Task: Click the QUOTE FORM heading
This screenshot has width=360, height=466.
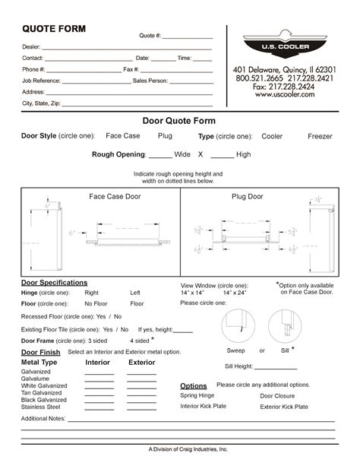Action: pyautogui.click(x=53, y=29)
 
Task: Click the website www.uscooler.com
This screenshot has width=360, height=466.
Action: pyautogui.click(x=285, y=94)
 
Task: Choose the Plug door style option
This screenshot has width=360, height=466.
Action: pyautogui.click(x=165, y=136)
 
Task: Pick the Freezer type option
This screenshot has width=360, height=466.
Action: pyautogui.click(x=320, y=137)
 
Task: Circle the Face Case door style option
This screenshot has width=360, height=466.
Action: pyautogui.click(x=123, y=136)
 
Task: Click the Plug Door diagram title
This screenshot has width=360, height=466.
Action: pyautogui.click(x=247, y=196)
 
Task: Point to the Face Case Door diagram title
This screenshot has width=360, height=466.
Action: pyautogui.click(x=115, y=196)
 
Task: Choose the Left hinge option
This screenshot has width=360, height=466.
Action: pyautogui.click(x=135, y=293)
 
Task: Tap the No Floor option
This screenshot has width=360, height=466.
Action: pyautogui.click(x=96, y=303)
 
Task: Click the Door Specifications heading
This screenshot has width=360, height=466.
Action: pyautogui.click(x=54, y=283)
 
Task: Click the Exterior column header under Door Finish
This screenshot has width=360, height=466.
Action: pyautogui.click(x=141, y=363)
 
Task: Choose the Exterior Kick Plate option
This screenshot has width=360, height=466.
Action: pyautogui.click(x=284, y=407)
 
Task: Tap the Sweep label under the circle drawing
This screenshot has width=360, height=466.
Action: pyautogui.click(x=236, y=351)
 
